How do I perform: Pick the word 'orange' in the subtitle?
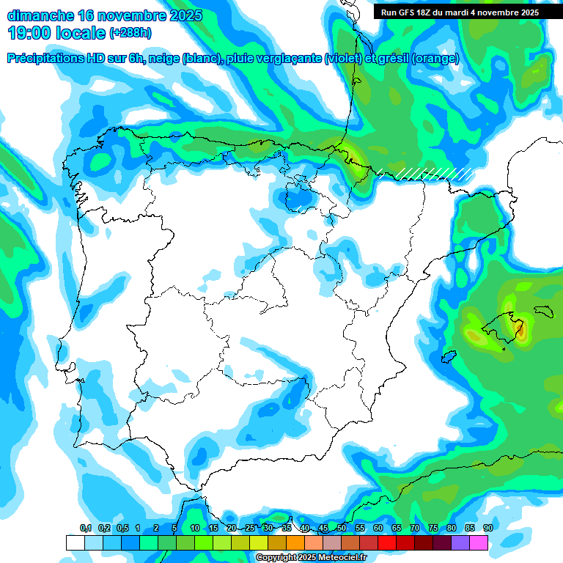point(435,59)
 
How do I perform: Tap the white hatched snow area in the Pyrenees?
point(433,174)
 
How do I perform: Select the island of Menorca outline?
point(544,311)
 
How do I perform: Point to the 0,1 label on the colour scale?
point(86,529)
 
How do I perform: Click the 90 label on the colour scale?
point(487,529)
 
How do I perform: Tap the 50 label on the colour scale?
point(342,529)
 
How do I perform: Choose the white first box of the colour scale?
point(75,542)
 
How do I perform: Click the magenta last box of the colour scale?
point(479,542)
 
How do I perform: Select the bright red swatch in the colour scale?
point(387,542)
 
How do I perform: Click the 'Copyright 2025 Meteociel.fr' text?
point(310,557)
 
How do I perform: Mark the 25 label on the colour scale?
point(250,529)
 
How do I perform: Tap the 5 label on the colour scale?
point(174,529)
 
